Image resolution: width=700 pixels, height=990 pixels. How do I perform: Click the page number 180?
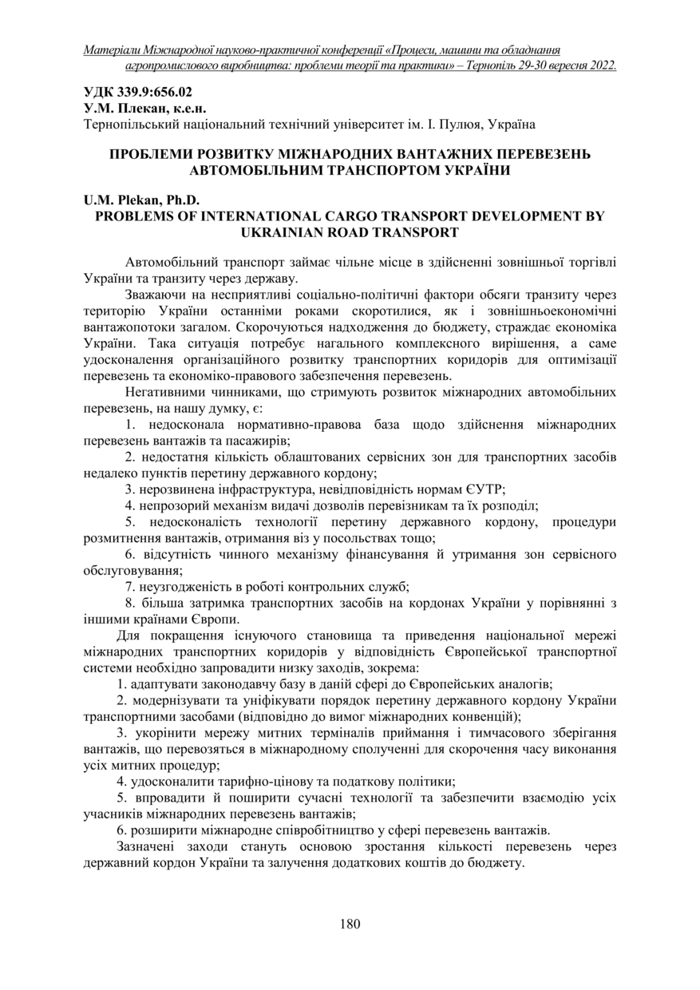350,924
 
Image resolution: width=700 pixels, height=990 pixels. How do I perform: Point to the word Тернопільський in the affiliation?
129,124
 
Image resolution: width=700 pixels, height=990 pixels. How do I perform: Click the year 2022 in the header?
597,66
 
